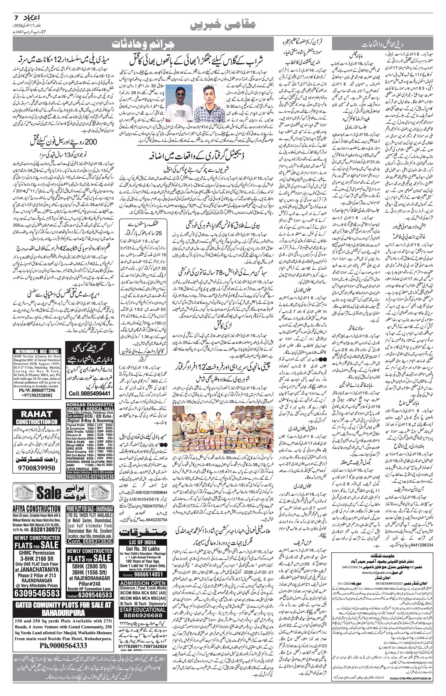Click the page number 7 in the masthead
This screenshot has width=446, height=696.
(x=16, y=18)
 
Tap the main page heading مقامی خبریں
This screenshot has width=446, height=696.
(x=223, y=25)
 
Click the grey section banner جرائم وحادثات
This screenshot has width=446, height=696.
(x=143, y=44)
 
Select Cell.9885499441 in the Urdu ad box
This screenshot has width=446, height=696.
(x=89, y=394)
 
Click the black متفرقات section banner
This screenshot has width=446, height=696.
(x=143, y=531)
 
